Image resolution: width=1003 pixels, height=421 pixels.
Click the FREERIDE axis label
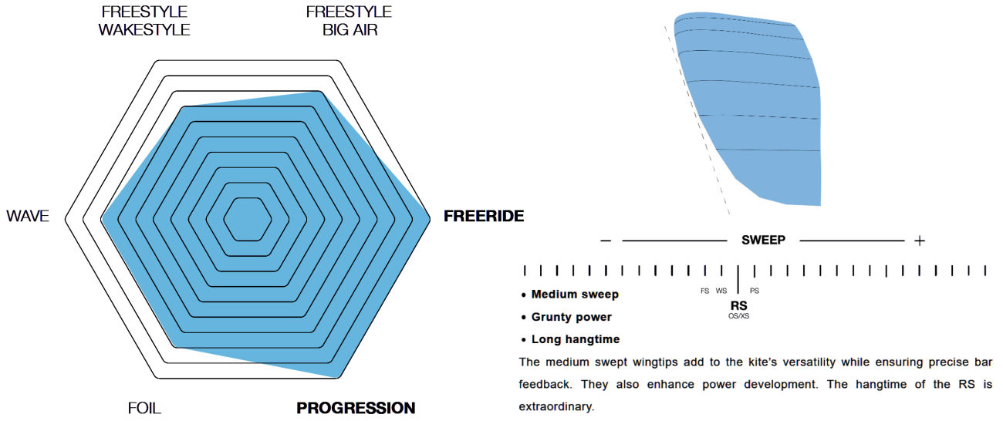click(x=484, y=216)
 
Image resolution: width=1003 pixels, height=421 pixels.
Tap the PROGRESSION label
click(x=356, y=408)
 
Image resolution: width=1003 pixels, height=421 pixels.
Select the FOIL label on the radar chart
click(x=144, y=408)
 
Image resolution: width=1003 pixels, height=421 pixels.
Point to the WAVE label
click(x=28, y=216)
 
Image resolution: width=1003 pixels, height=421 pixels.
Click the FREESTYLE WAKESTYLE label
click(x=144, y=21)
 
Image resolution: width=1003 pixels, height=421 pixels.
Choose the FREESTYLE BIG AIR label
click(x=349, y=21)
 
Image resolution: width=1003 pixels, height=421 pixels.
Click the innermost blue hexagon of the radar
click(x=248, y=219)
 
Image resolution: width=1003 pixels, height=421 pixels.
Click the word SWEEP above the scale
click(x=764, y=241)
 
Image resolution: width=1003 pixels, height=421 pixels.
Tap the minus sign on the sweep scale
click(x=606, y=241)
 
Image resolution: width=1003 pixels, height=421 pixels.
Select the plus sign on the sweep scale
click(x=920, y=241)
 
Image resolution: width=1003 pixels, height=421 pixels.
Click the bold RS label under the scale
click(x=739, y=305)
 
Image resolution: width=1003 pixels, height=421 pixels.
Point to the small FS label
click(x=704, y=291)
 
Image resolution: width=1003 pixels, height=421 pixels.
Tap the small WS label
click(x=721, y=291)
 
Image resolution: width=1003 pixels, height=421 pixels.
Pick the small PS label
click(x=755, y=291)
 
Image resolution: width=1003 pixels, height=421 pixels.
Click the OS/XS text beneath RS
click(x=739, y=316)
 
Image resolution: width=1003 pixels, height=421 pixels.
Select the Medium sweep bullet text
click(x=575, y=295)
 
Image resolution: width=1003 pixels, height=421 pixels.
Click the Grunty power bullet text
click(x=572, y=317)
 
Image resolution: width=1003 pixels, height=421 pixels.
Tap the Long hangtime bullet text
click(x=576, y=339)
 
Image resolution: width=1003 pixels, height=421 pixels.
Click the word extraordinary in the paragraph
click(x=556, y=406)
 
